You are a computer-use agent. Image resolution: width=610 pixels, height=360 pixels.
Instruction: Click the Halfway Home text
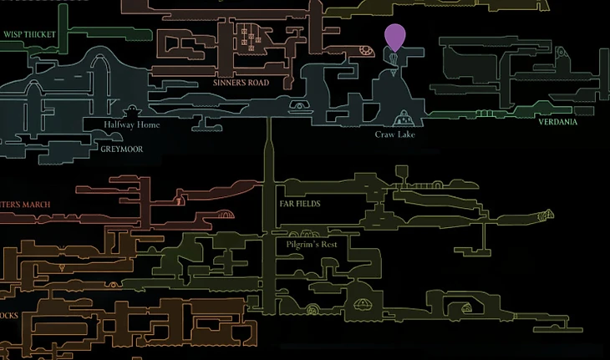132,125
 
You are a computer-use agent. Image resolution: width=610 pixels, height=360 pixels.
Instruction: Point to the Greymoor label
121,150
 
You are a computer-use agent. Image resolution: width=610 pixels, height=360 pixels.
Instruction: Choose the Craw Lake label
395,134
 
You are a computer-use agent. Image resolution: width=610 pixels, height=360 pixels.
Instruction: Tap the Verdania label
557,122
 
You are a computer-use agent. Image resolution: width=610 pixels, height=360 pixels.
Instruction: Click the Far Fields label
300,203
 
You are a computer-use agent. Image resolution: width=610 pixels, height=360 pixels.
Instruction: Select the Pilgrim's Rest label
311,244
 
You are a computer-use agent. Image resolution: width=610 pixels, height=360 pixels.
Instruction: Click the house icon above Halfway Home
132,112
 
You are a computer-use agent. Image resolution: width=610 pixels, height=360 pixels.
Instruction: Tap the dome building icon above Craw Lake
404,117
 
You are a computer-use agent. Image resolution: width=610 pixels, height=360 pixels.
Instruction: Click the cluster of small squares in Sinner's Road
248,35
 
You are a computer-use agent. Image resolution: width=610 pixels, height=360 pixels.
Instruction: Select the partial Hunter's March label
25,204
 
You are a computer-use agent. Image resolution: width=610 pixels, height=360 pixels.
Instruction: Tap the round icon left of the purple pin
366,49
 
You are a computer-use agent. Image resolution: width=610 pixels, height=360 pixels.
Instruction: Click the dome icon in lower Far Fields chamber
364,303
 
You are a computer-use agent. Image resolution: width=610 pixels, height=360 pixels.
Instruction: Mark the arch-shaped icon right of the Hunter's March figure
222,214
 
